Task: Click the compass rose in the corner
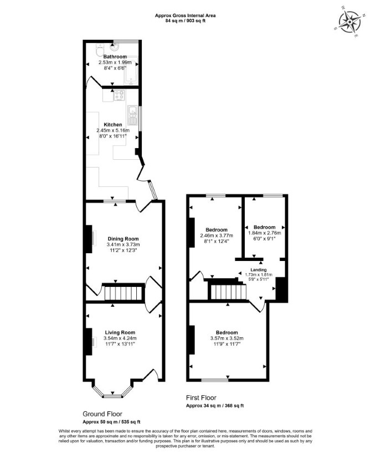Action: click(x=349, y=22)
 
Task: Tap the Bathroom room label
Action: click(x=115, y=56)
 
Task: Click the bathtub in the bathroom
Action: click(x=131, y=70)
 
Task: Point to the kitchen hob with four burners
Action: click(x=120, y=96)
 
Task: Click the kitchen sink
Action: click(x=132, y=115)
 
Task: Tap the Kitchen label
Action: click(x=113, y=124)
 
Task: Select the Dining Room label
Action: click(x=123, y=239)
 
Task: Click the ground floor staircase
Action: click(x=123, y=293)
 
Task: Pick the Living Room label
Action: click(x=120, y=333)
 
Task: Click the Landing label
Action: click(x=259, y=270)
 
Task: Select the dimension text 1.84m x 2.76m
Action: click(x=264, y=233)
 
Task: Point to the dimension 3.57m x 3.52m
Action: click(x=227, y=338)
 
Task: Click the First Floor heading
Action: click(x=201, y=398)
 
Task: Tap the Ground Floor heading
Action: click(x=102, y=414)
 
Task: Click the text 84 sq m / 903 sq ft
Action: click(x=185, y=20)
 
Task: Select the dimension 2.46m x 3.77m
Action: click(x=217, y=236)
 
